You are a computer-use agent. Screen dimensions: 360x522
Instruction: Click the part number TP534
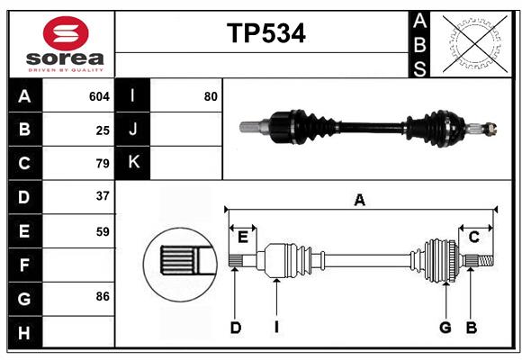(265, 33)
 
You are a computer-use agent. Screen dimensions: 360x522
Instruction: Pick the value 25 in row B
(103, 130)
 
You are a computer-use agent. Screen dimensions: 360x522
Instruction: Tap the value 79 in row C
(103, 164)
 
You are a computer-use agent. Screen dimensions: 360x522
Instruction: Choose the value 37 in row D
(103, 196)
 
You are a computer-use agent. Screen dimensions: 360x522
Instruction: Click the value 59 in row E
(103, 231)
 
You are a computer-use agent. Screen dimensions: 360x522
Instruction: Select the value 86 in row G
(103, 296)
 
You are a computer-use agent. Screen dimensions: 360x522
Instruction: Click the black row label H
(24, 332)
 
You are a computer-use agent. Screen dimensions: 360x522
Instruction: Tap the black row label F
(24, 265)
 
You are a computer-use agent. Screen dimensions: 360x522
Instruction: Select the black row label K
(133, 163)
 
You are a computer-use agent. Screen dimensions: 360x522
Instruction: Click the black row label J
(133, 130)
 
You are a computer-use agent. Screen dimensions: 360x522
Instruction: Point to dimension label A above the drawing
(360, 201)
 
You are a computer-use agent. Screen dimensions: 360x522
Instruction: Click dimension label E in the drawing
(243, 237)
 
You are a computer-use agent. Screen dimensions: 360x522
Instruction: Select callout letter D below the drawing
(235, 328)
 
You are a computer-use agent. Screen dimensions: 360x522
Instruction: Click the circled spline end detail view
(179, 260)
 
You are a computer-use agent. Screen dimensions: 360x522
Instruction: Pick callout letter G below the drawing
(445, 328)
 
